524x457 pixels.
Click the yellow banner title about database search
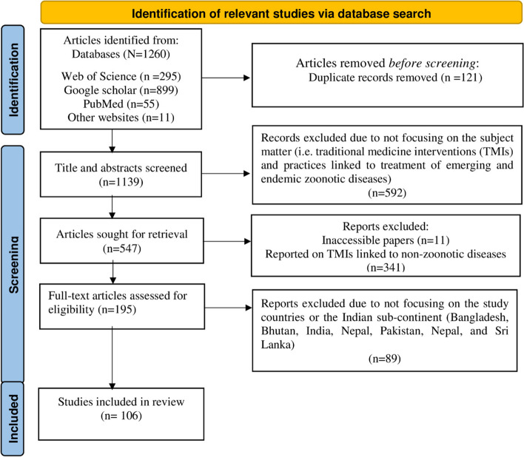click(x=281, y=14)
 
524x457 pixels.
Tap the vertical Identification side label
click(x=13, y=80)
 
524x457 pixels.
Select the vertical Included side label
click(x=13, y=419)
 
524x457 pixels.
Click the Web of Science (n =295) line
click(x=121, y=76)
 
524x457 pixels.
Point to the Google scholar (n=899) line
click(x=121, y=90)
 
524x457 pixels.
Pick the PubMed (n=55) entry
click(x=121, y=104)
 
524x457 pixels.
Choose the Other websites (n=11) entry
click(x=121, y=118)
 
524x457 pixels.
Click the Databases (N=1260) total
click(x=121, y=54)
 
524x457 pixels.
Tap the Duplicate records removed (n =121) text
click(x=395, y=78)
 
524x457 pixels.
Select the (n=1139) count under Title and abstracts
click(x=121, y=182)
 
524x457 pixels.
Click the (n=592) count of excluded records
click(x=387, y=193)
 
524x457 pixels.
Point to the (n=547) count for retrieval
click(x=122, y=248)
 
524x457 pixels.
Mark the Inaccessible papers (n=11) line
click(x=386, y=240)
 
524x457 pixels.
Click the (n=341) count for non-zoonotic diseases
click(x=386, y=268)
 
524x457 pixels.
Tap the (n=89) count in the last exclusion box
click(x=385, y=359)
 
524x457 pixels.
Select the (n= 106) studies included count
click(x=121, y=416)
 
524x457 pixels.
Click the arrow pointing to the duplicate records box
click(x=226, y=78)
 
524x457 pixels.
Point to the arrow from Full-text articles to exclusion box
click(x=228, y=308)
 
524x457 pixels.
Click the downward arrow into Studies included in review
click(x=112, y=357)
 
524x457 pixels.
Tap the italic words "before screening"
click(x=432, y=63)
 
